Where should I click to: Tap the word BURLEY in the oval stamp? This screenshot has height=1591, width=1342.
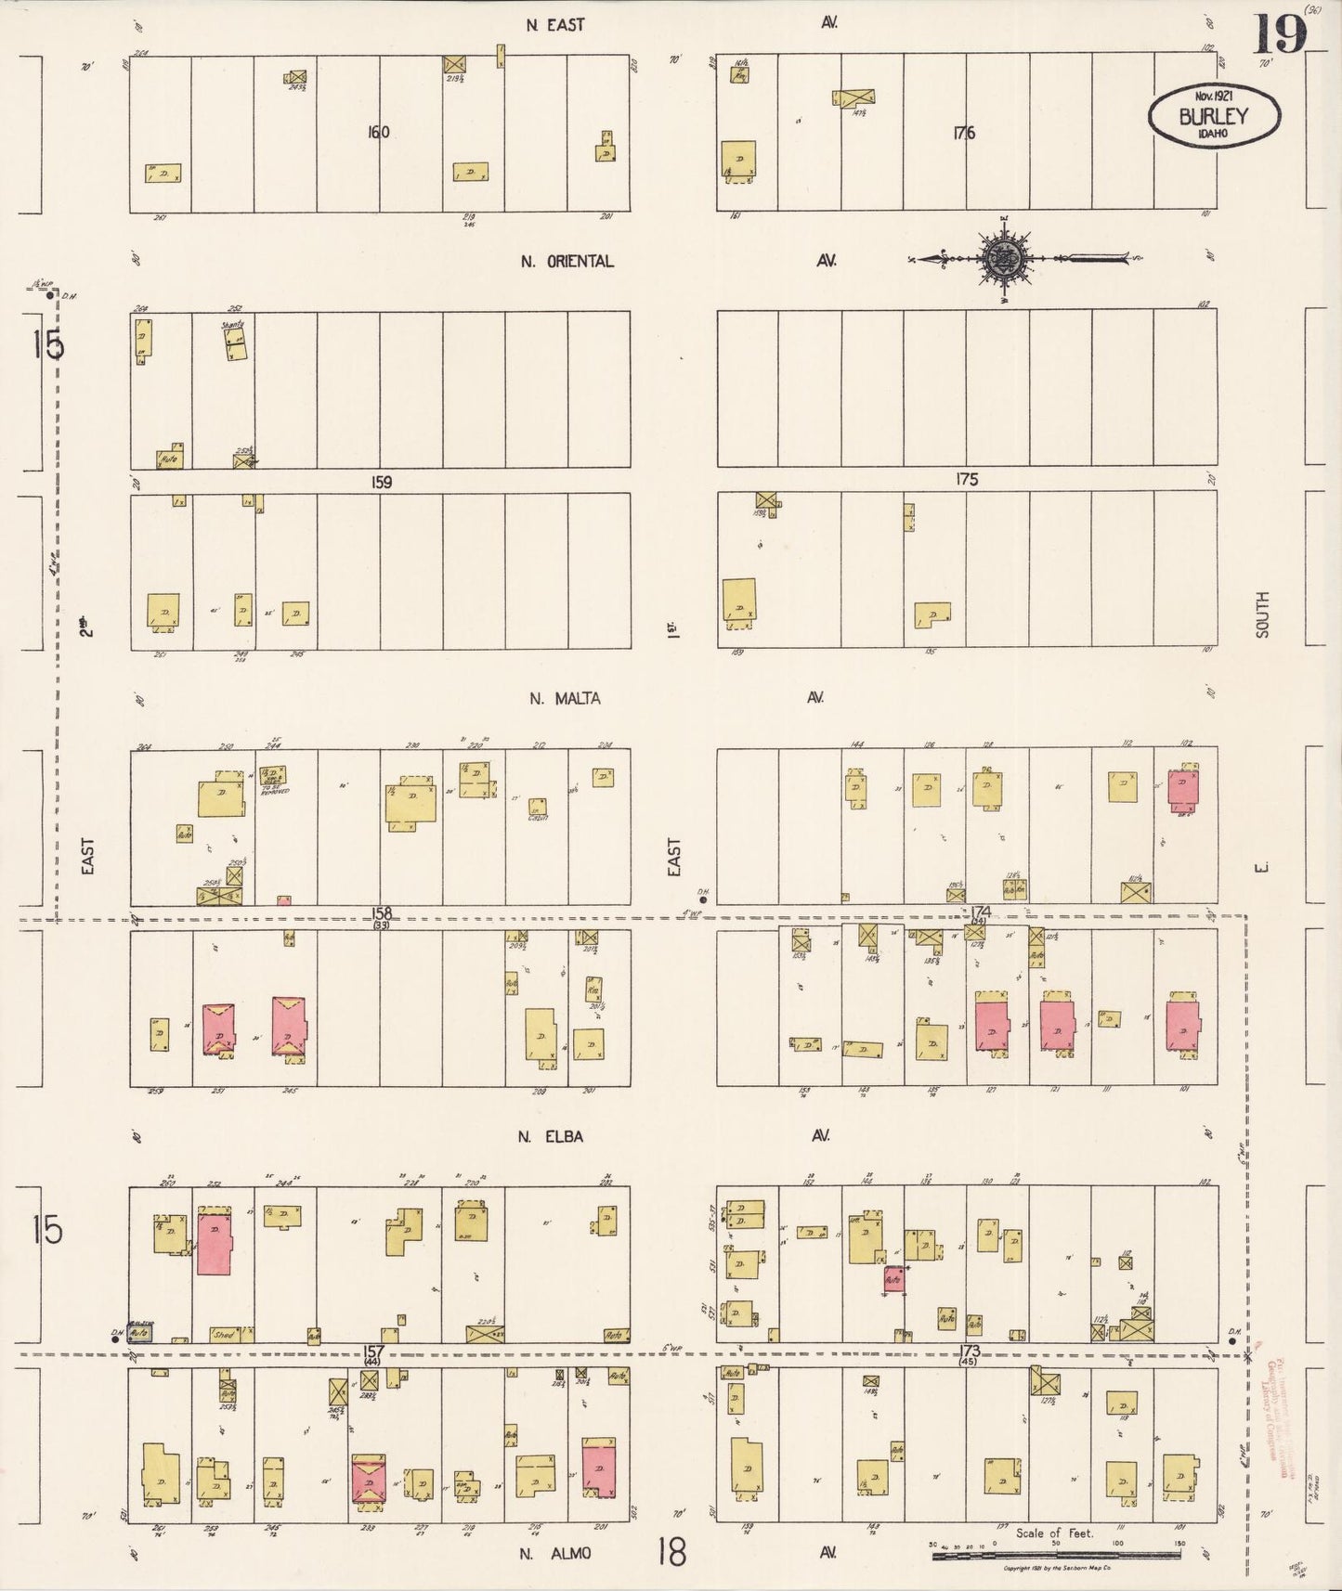click(1214, 117)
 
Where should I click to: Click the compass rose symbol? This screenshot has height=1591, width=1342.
click(1003, 259)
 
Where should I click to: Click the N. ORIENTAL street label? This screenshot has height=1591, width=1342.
click(567, 262)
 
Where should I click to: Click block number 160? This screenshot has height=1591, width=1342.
click(378, 133)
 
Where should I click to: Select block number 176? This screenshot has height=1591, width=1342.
click(962, 133)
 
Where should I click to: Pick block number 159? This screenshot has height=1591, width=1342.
click(381, 482)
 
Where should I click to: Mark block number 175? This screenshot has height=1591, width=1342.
click(966, 480)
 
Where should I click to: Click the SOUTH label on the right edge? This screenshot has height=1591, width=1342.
click(1261, 614)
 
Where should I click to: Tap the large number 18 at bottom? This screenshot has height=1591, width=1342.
click(671, 1551)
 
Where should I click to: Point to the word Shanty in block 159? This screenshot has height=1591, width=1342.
click(232, 325)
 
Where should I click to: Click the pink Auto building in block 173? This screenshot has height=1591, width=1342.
click(893, 1279)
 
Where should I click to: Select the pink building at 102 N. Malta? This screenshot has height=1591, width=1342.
click(1181, 789)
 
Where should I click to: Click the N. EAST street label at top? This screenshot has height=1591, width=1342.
click(555, 25)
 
